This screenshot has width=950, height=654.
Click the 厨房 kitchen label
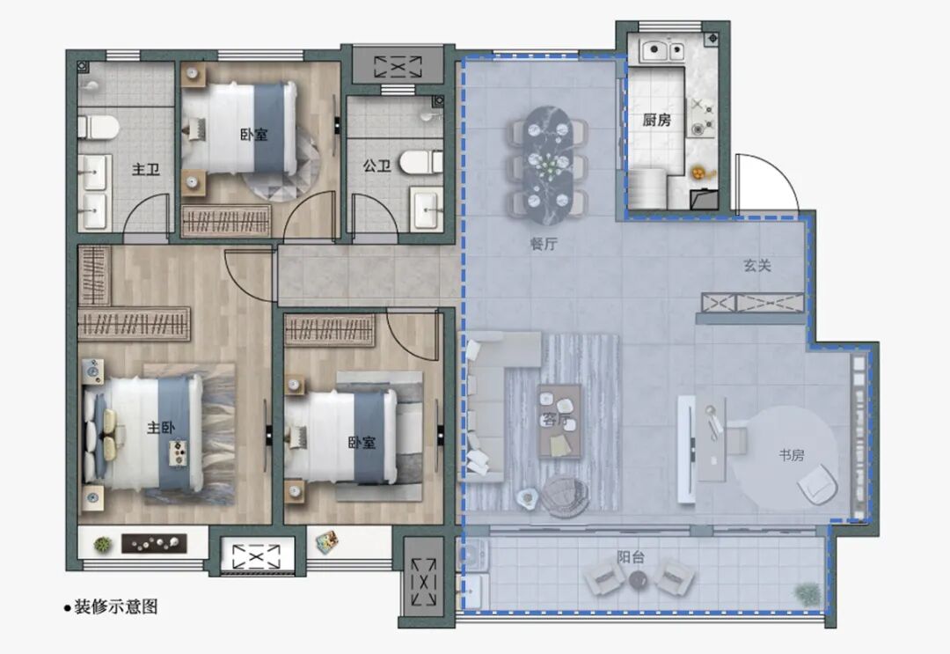pyautogui.click(x=657, y=120)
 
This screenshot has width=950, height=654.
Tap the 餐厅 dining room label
pyautogui.click(x=544, y=244)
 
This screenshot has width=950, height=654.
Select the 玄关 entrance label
pyautogui.click(x=757, y=265)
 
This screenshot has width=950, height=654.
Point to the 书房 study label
pyautogui.click(x=792, y=454)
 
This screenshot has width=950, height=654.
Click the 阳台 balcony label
pyautogui.click(x=631, y=556)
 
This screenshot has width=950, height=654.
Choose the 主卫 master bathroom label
pyautogui.click(x=145, y=169)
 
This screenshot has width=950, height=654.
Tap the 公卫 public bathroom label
pyautogui.click(x=376, y=165)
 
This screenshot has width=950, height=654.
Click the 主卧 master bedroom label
pyautogui.click(x=161, y=428)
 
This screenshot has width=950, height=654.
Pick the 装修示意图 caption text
pyautogui.click(x=116, y=606)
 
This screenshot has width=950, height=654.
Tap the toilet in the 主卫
pyautogui.click(x=98, y=128)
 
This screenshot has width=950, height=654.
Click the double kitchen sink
pyautogui.click(x=663, y=50)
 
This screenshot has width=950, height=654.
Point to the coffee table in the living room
pyautogui.click(x=559, y=421)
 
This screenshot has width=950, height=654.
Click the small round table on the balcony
pyautogui.click(x=638, y=581)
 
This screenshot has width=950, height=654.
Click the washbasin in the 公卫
pyautogui.click(x=427, y=209)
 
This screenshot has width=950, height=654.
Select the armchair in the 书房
pyautogui.click(x=818, y=483)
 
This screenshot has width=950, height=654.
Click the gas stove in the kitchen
pyautogui.click(x=703, y=117)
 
